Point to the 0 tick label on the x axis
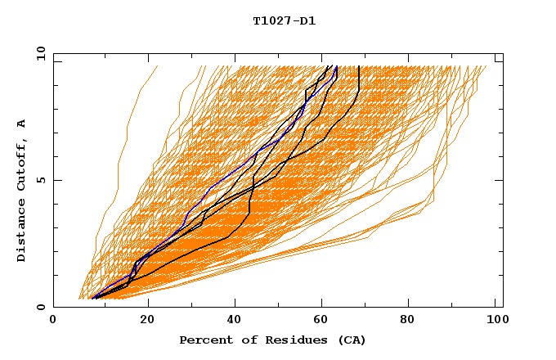click(x=53, y=321)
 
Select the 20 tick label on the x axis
click(x=143, y=321)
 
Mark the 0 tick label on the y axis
click(x=40, y=308)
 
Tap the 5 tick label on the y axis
click(x=40, y=180)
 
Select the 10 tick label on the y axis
click(x=38, y=53)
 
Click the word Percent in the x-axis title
click(x=204, y=340)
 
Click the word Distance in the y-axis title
click(x=21, y=232)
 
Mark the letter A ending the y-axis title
click(x=21, y=124)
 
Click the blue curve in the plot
click(x=211, y=187)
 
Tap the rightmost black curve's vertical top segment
click(x=358, y=78)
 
